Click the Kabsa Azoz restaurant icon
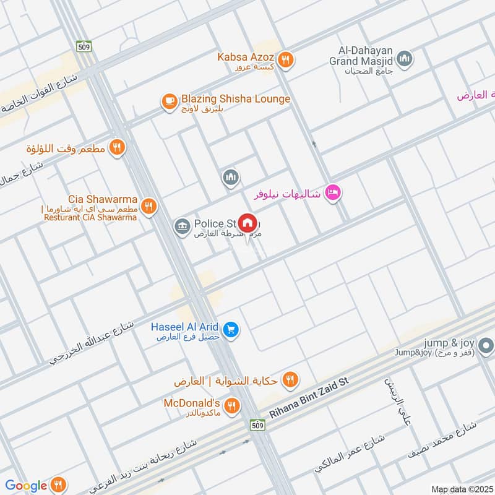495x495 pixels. pos(285,60)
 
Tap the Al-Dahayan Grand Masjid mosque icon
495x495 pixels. pos(405,59)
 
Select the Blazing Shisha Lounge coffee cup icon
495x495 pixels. pos(169,101)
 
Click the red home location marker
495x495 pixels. pos(247,223)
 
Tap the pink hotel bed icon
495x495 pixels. pos(333,194)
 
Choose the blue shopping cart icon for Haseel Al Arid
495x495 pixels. pos(231,330)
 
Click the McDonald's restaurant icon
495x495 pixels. pos(231,407)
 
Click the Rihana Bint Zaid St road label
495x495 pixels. pos(310,399)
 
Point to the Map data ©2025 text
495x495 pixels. pos(460,489)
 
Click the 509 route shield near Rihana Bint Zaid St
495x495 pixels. pos(258,425)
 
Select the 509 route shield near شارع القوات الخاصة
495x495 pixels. pos(84,46)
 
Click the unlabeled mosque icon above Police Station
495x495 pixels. pos(231,178)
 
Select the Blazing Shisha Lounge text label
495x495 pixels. pos(235,99)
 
